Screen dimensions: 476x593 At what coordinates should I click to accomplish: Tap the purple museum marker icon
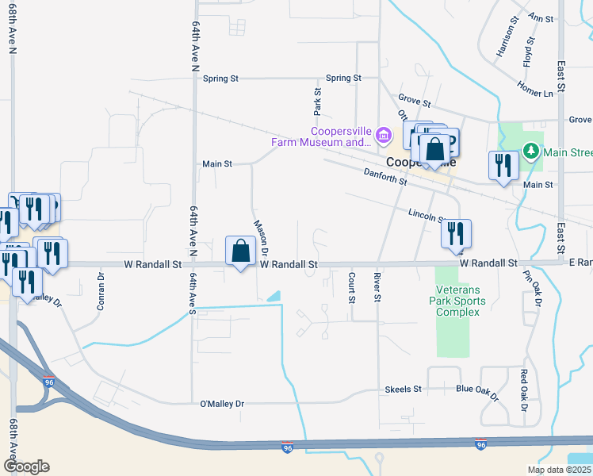tap(385, 134)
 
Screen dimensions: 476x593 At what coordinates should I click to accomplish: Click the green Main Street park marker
tap(530, 150)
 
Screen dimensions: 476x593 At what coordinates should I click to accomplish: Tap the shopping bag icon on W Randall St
tap(240, 251)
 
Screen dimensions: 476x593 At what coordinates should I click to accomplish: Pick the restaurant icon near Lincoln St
tap(456, 233)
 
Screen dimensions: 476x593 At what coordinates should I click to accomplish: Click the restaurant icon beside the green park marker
tap(503, 165)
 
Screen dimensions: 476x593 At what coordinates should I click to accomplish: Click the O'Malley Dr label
tap(222, 404)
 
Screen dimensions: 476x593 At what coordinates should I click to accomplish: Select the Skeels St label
tap(403, 390)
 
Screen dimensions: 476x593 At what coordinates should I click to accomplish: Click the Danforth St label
tap(384, 176)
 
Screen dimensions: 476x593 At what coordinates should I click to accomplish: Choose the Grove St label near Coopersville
tap(414, 102)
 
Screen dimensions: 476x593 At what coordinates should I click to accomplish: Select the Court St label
tap(351, 287)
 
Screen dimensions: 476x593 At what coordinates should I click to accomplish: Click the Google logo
tap(26, 466)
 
